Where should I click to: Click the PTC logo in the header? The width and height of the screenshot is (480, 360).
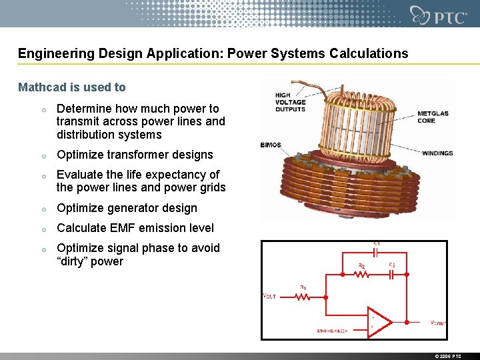[439, 15]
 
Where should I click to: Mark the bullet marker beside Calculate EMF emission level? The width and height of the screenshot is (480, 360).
[43, 229]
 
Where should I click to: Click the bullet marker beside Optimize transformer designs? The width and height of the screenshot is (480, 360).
[43, 155]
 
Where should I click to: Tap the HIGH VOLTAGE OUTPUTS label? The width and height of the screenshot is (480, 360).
[290, 102]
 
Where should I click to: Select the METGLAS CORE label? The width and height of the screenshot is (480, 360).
[433, 117]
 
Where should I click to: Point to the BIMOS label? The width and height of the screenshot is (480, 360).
[271, 145]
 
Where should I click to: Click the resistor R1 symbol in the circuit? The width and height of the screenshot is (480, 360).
[303, 297]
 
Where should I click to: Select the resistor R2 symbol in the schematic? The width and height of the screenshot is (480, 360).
[361, 275]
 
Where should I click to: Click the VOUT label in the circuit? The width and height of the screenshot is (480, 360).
[269, 295]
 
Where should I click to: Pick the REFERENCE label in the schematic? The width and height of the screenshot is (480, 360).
[333, 331]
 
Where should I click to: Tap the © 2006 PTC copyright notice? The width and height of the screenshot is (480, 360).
[447, 356]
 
